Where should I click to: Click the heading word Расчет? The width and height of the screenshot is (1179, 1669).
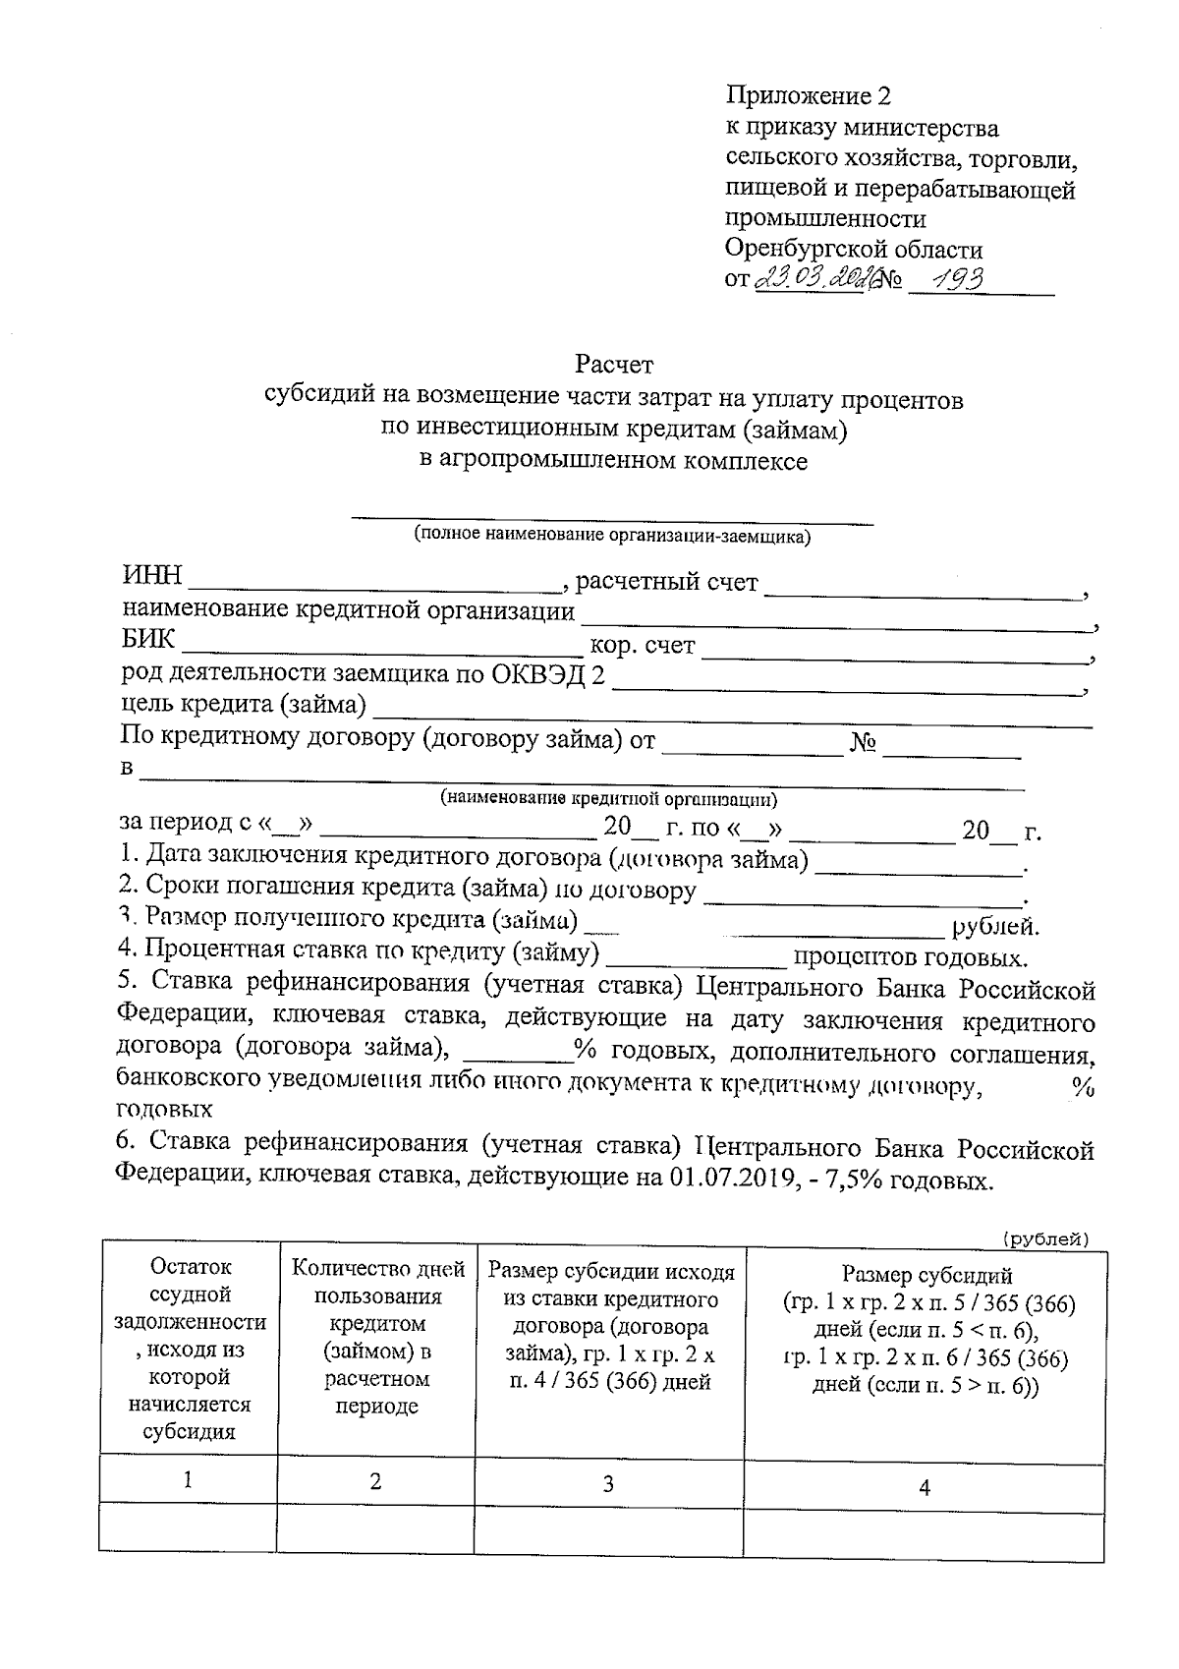[613, 365]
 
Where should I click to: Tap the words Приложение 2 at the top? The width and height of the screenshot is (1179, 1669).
[808, 95]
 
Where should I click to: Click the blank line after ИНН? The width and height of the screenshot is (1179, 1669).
[373, 582]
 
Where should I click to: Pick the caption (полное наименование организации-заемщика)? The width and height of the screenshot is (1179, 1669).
[612, 536]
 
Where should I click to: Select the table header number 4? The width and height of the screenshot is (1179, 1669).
[924, 1487]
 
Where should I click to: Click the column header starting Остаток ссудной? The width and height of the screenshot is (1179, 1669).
[189, 1349]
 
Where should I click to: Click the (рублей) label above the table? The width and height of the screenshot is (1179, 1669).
[1045, 1239]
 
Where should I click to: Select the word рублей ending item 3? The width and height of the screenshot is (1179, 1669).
[994, 926]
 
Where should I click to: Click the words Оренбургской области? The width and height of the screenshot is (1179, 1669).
[854, 249]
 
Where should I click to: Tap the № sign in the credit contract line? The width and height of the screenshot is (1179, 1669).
[864, 742]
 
